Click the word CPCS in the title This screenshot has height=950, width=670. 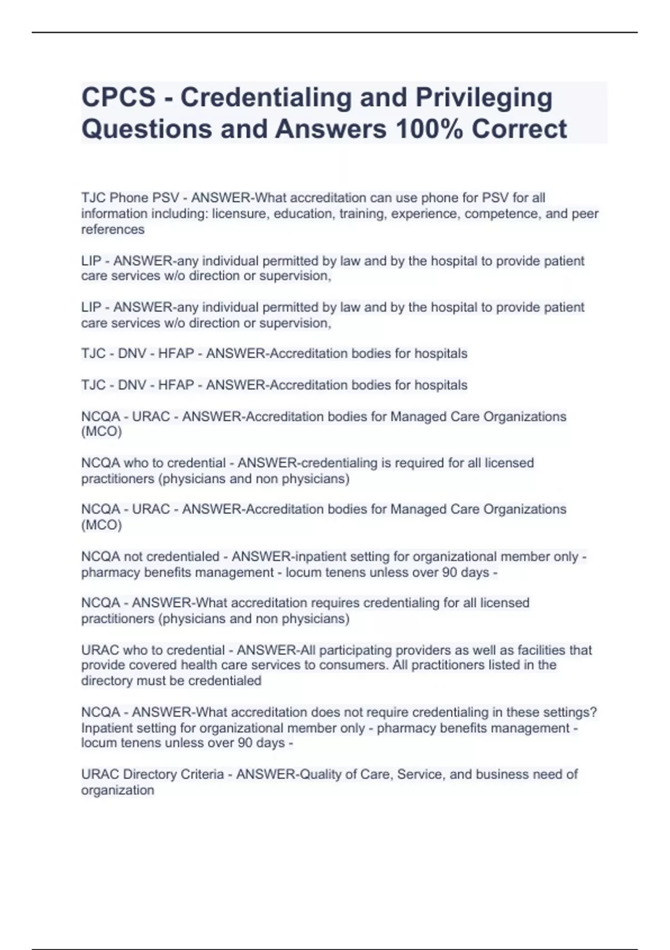pos(118,97)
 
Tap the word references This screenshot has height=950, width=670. pos(113,230)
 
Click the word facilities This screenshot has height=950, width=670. pos(542,650)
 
